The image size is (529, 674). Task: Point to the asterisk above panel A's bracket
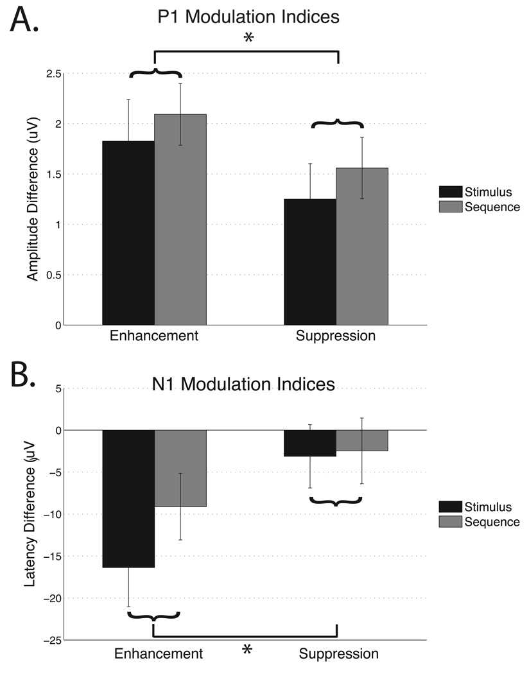click(x=248, y=39)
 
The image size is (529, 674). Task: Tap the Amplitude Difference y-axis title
click(x=33, y=199)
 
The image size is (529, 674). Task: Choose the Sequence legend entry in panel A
click(x=480, y=207)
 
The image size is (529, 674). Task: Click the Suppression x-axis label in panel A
click(x=336, y=336)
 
